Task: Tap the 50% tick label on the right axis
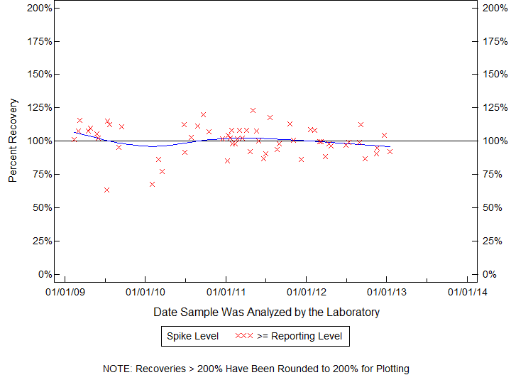click(x=493, y=207)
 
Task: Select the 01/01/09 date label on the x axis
click(x=65, y=291)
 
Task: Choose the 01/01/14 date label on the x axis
click(x=467, y=291)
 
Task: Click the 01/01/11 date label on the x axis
click(x=226, y=291)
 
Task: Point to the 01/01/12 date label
click(x=306, y=291)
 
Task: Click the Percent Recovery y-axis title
click(x=13, y=141)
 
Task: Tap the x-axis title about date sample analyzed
click(x=266, y=312)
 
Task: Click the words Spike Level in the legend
click(x=192, y=336)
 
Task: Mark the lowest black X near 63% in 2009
click(x=106, y=190)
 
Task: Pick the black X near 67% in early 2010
click(x=152, y=184)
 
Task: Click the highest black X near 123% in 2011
click(x=253, y=110)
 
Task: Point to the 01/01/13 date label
click(x=386, y=291)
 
